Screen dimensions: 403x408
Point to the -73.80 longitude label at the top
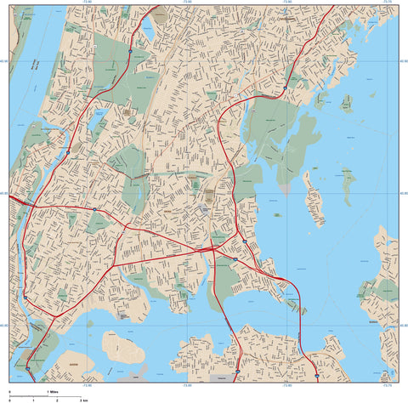click(286, 3)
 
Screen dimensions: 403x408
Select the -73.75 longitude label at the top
click(387, 3)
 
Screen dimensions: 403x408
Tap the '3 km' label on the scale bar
click(83, 399)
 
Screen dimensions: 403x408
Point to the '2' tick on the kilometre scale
click(57, 399)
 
